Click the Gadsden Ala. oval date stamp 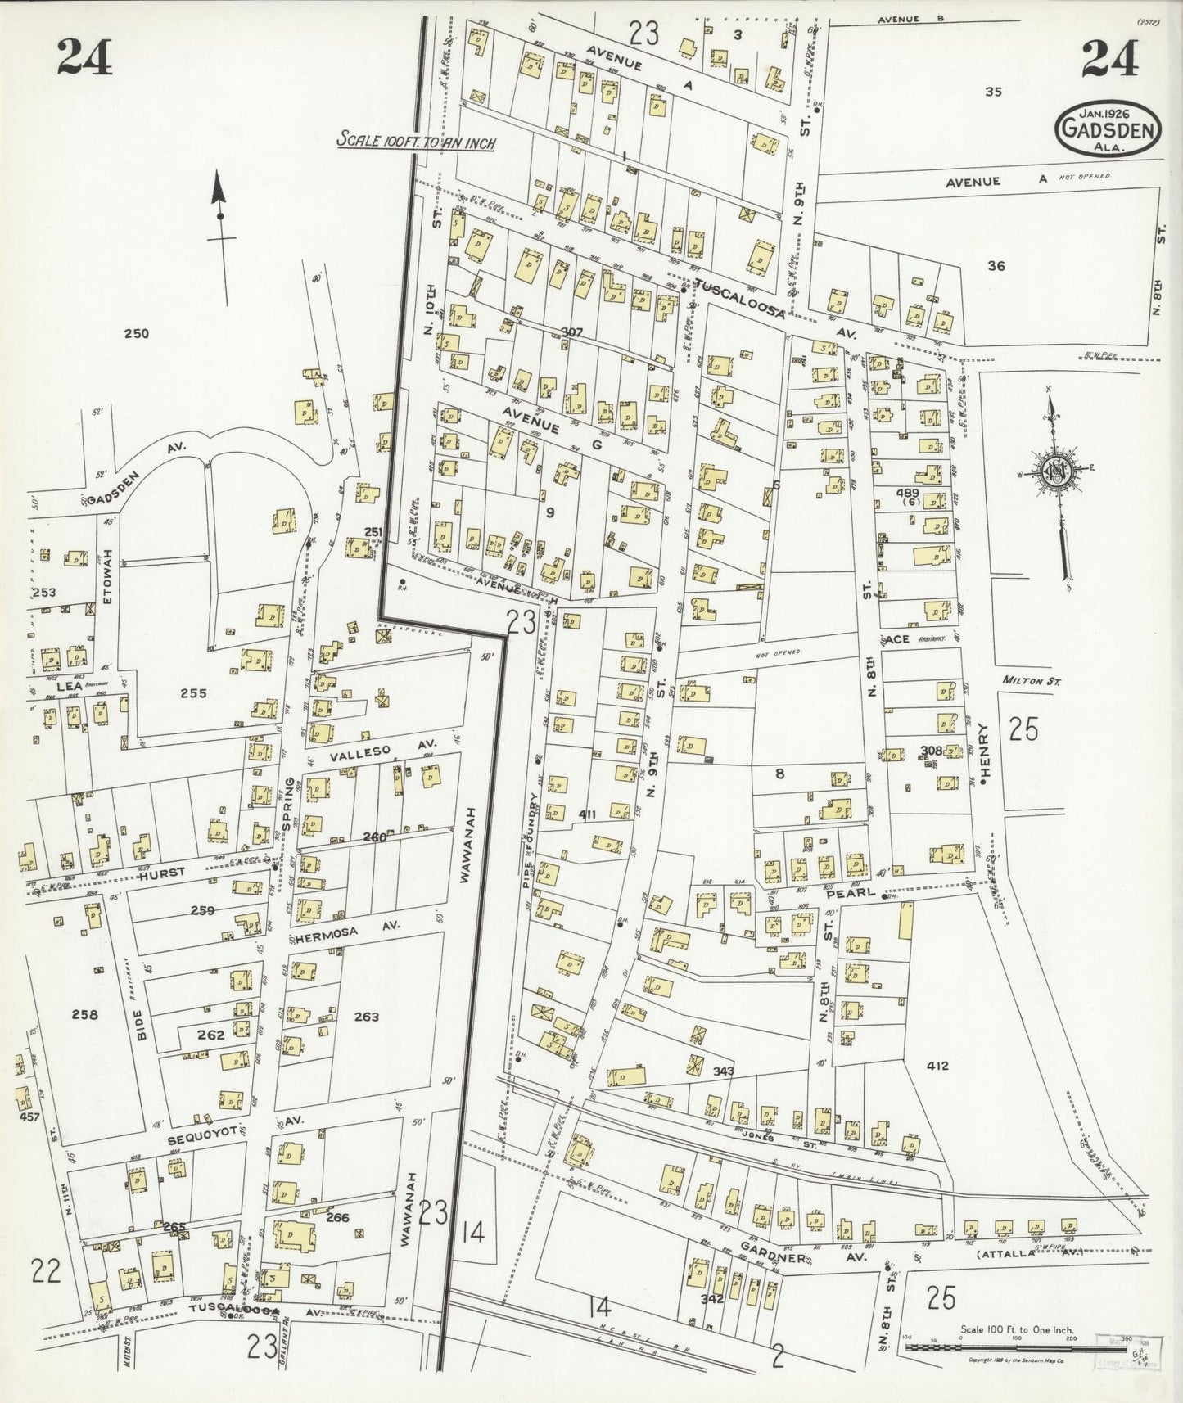1109,129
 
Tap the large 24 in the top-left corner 85,57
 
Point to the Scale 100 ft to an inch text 418,140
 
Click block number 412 937,1065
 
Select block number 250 138,333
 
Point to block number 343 725,1071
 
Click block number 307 572,332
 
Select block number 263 367,1017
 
